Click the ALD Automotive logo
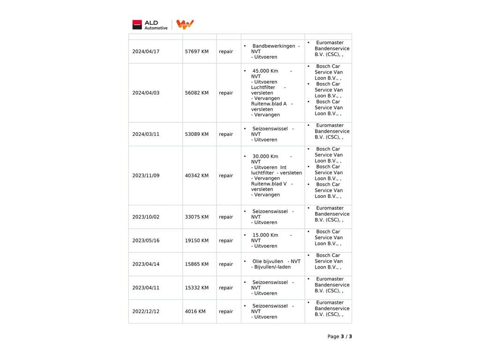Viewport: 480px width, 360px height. tap(150, 25)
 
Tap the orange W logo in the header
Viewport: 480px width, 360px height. tap(185, 24)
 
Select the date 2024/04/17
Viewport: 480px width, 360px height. tap(146, 52)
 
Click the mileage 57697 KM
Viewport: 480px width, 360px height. tap(197, 52)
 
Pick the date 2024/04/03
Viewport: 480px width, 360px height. tap(146, 93)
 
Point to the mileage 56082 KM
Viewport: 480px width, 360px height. tap(197, 93)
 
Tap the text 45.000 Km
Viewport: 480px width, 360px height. tap(265, 71)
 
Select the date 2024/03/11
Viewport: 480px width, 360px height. tap(146, 134)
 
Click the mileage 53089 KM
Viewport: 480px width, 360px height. tap(197, 134)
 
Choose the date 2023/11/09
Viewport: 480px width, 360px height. tap(146, 176)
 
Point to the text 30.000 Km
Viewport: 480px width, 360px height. tap(265, 157)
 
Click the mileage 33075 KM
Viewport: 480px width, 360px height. tap(197, 217)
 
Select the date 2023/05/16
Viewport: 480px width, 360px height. tap(146, 240)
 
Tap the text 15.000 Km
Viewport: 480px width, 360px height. tap(265, 235)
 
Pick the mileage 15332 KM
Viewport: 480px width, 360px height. tap(197, 288)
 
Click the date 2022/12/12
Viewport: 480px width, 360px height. tap(146, 311)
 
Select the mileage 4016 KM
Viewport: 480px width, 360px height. tap(195, 311)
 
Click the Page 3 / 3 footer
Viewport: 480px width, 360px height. tap(339, 337)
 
